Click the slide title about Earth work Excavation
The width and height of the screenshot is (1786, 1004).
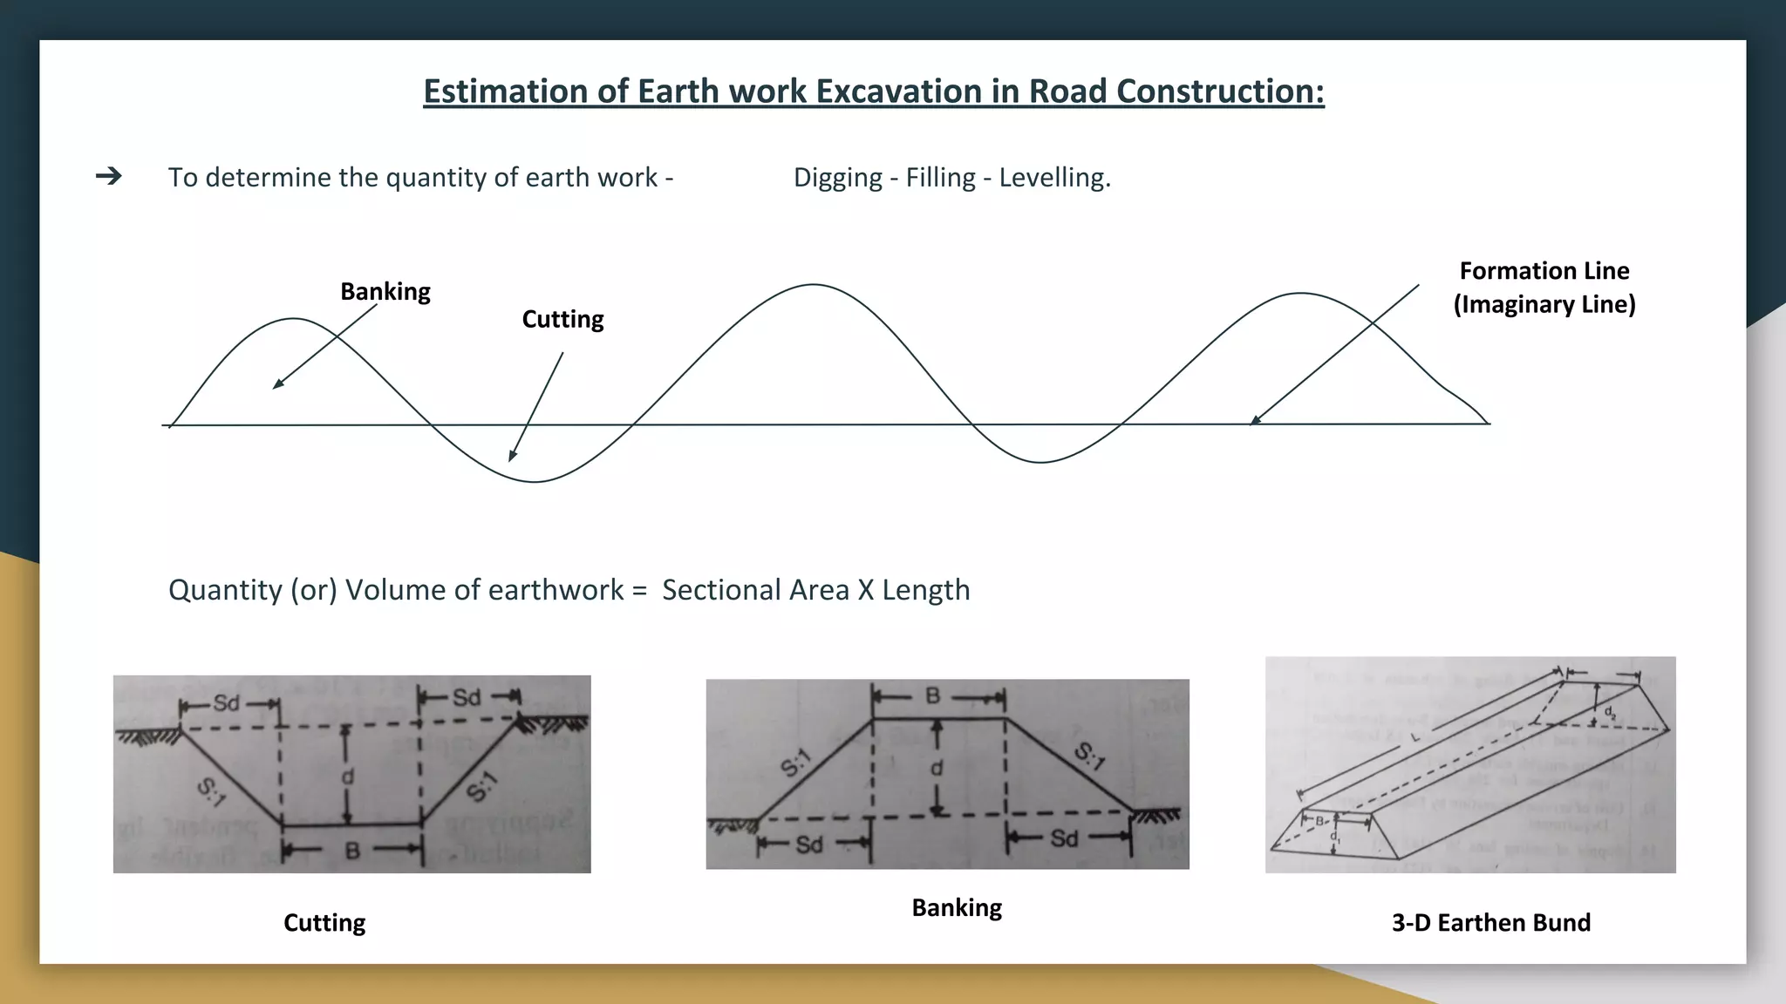click(x=873, y=92)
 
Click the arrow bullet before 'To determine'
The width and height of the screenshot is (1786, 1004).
click(x=109, y=177)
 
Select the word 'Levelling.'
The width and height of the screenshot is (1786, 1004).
click(x=1054, y=178)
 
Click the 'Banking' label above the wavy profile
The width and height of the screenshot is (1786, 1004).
click(x=385, y=291)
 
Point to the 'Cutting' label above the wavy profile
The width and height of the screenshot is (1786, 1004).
click(x=562, y=319)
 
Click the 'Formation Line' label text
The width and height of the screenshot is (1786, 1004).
click(x=1544, y=271)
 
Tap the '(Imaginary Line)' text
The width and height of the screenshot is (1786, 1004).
click(x=1544, y=304)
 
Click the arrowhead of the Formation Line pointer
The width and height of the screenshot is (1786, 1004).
click(x=1254, y=421)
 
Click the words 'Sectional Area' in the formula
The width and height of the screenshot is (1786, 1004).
click(x=755, y=590)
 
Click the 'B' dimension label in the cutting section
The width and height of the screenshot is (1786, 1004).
click(x=352, y=850)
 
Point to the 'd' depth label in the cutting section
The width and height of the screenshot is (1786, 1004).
click(x=348, y=776)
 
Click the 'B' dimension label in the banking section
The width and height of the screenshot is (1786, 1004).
click(x=933, y=695)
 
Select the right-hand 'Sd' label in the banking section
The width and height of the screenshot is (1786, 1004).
click(x=1064, y=838)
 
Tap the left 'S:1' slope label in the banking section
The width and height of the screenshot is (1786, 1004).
click(x=795, y=763)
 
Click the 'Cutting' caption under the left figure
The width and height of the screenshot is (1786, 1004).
click(x=324, y=922)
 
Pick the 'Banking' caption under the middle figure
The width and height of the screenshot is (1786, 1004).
click(x=957, y=907)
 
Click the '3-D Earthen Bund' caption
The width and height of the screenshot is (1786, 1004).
click(x=1490, y=922)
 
